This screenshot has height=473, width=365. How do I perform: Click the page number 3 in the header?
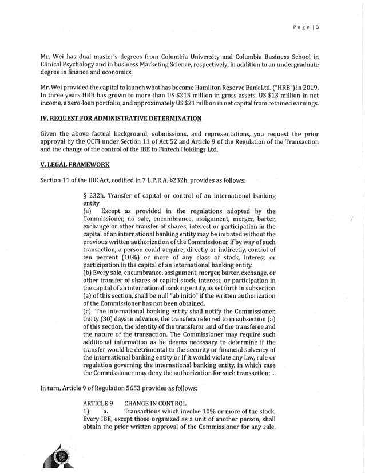(x=317, y=27)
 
